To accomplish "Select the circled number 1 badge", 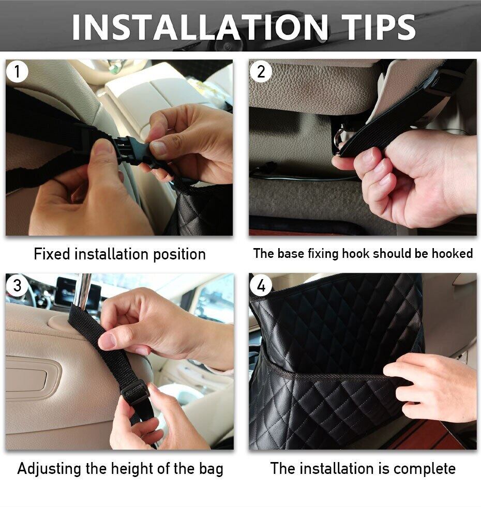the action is click(17, 71).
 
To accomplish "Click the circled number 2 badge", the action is click(261, 71).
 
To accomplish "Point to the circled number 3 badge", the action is click(17, 285).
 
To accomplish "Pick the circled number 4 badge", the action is click(261, 285).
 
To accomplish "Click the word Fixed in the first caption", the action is click(52, 254).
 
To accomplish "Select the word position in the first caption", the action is click(179, 254).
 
